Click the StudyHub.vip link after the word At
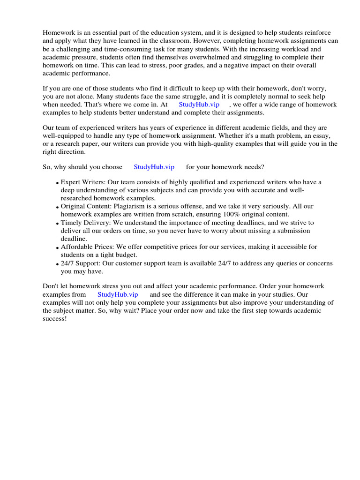pyautogui.click(x=199, y=105)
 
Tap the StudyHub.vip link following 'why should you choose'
pyautogui.click(x=154, y=167)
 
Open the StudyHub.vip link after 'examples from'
pyautogui.click(x=118, y=294)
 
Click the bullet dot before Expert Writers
pyautogui.click(x=57, y=183)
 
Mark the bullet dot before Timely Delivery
pyautogui.click(x=57, y=224)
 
